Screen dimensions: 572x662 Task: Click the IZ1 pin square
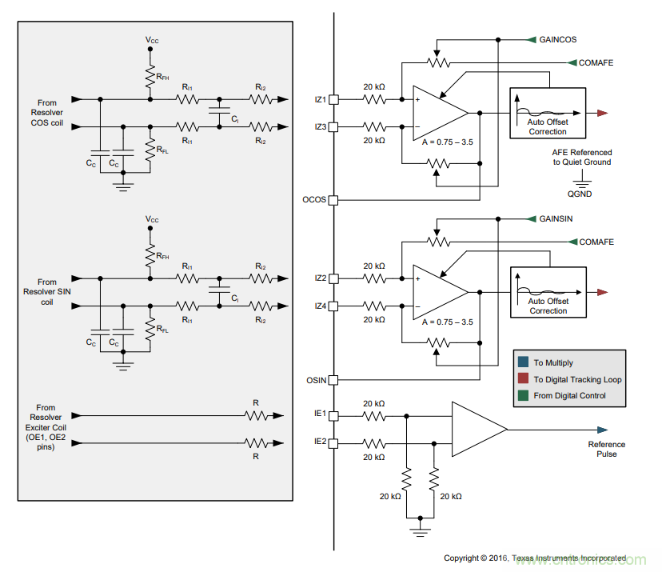333,100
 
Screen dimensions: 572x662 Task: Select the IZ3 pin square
333,126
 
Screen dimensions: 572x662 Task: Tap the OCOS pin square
333,200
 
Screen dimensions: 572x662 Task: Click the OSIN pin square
333,380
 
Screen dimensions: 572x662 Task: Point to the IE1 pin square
333,415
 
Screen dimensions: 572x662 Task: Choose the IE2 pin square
333,442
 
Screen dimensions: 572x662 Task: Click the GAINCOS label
557,39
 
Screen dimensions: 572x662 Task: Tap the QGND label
580,194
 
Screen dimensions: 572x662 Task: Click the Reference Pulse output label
606,449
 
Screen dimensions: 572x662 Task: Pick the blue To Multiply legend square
524,362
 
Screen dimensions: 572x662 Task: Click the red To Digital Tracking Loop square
524,379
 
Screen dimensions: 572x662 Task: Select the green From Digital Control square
524,395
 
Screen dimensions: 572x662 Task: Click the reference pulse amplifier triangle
476,429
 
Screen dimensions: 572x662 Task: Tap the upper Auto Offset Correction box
548,113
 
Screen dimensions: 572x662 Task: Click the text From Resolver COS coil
47,113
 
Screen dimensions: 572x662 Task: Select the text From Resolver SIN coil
47,292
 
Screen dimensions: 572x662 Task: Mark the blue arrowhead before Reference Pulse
602,430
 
